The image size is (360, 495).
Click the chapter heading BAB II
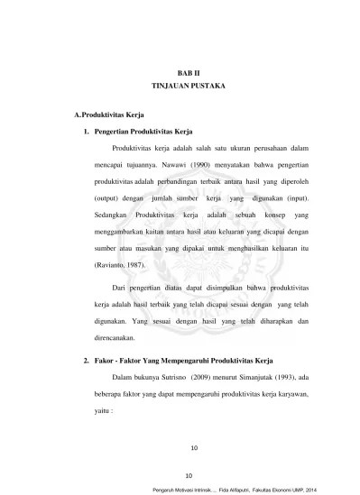(x=189, y=69)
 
